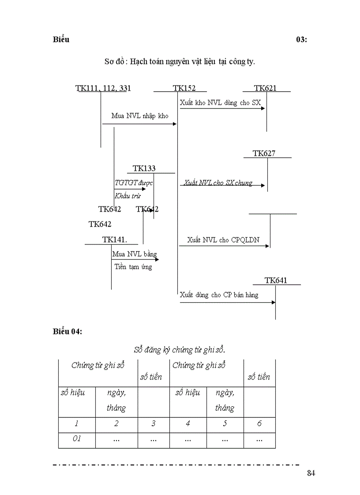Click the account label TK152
pyautogui.click(x=184, y=88)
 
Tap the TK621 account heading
pyautogui.click(x=265, y=88)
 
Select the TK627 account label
pyautogui.click(x=264, y=153)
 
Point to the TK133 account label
pyautogui.click(x=144, y=168)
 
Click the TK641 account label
pyautogui.click(x=276, y=280)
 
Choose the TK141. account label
pyautogui.click(x=115, y=240)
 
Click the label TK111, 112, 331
pyautogui.click(x=103, y=89)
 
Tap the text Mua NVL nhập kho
pyautogui.click(x=140, y=116)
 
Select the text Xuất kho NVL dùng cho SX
pyautogui.click(x=220, y=103)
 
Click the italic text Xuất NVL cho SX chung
pyautogui.click(x=218, y=183)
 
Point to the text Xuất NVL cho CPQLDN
pyautogui.click(x=223, y=240)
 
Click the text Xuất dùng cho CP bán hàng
pyautogui.click(x=219, y=295)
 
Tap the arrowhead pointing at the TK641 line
pyautogui.click(x=274, y=302)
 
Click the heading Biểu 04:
pyautogui.click(x=67, y=331)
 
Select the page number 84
pyautogui.click(x=311, y=473)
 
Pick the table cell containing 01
pyautogui.click(x=77, y=440)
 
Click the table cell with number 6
pyautogui.click(x=259, y=425)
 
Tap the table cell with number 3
pyautogui.click(x=154, y=425)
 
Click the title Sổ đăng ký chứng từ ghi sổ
pyautogui.click(x=180, y=350)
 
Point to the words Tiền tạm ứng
pyautogui.click(x=133, y=267)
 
